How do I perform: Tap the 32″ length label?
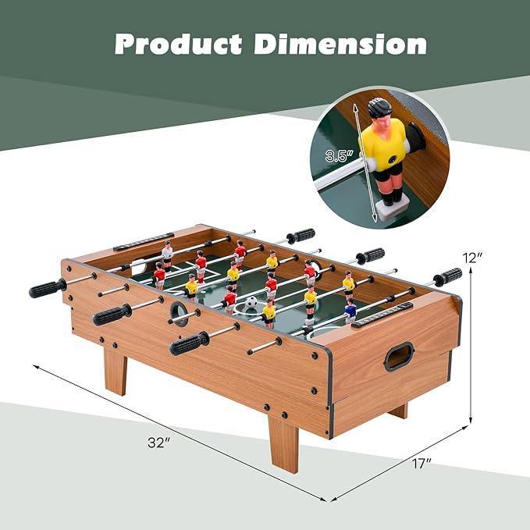pyautogui.click(x=158, y=443)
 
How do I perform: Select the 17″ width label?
pyautogui.click(x=422, y=464)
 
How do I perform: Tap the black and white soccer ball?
pyautogui.click(x=251, y=302)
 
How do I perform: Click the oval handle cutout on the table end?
pyautogui.click(x=399, y=356)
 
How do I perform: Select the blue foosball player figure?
pyautogui.click(x=350, y=311)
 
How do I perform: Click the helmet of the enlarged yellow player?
pyautogui.click(x=379, y=108)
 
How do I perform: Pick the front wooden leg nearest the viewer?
pyautogui.click(x=283, y=443)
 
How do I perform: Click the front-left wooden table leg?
pyautogui.click(x=116, y=371)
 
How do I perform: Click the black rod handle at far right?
pyautogui.click(x=449, y=276)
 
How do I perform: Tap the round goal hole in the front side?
pyautogui.click(x=180, y=314)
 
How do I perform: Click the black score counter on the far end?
pyautogui.click(x=144, y=242)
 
